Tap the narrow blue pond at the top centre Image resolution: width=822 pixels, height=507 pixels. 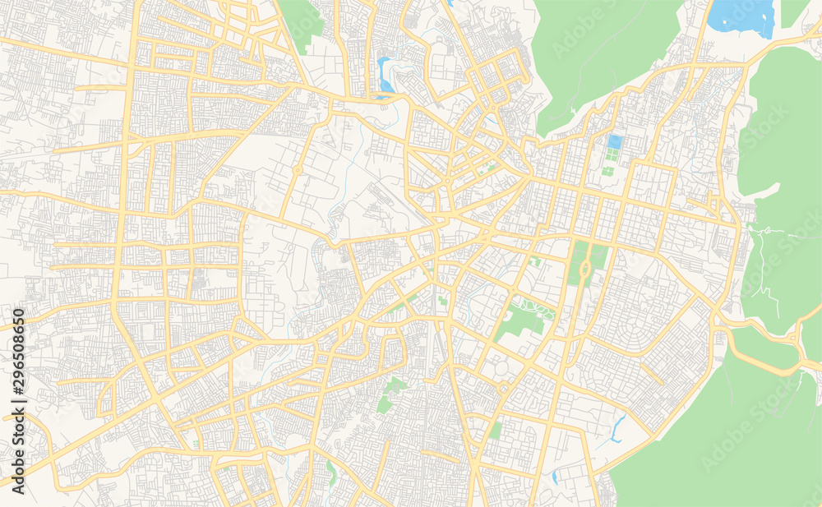(384, 74)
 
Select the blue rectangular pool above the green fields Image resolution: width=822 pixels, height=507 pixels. (614, 143)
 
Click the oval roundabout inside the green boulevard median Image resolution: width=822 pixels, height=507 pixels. (585, 269)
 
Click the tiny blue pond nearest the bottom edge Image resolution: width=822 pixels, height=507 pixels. (556, 477)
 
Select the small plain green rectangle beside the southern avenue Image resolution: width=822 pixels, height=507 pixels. (495, 430)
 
